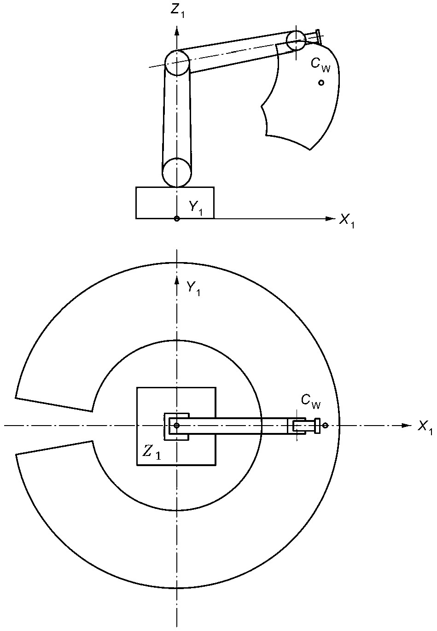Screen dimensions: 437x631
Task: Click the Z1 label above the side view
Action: click(x=178, y=11)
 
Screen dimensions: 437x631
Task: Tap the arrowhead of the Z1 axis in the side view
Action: click(x=176, y=31)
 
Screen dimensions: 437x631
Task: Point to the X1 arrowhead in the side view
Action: click(x=329, y=218)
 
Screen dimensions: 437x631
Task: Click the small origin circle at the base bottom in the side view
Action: click(x=176, y=219)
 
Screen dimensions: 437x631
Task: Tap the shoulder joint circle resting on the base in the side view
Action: click(x=176, y=173)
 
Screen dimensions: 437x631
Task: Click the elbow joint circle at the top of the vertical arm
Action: click(x=177, y=63)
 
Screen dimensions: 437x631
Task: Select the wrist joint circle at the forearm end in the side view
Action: click(x=296, y=41)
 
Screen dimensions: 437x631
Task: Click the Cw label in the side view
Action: click(x=320, y=64)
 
